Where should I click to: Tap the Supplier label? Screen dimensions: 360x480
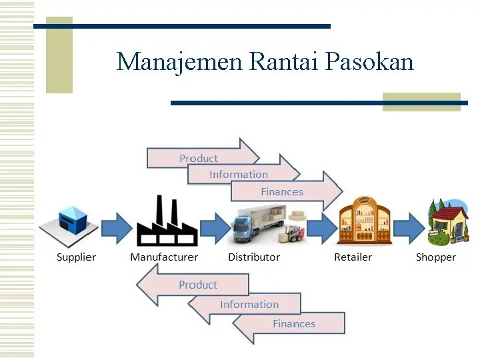coord(76,257)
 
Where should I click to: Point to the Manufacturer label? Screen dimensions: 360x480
coord(164,257)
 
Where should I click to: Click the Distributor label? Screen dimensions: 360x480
coord(254,257)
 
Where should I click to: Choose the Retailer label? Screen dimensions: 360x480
coord(353,257)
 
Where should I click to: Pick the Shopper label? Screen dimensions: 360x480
coord(435,257)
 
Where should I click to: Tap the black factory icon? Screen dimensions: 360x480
coord(166,222)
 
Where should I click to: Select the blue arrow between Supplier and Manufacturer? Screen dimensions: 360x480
coord(116,227)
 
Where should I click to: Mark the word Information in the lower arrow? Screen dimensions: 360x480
coord(249,305)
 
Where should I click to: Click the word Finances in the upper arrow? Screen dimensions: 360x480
coord(281,192)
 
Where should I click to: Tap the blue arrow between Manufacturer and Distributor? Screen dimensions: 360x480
coord(214,227)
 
